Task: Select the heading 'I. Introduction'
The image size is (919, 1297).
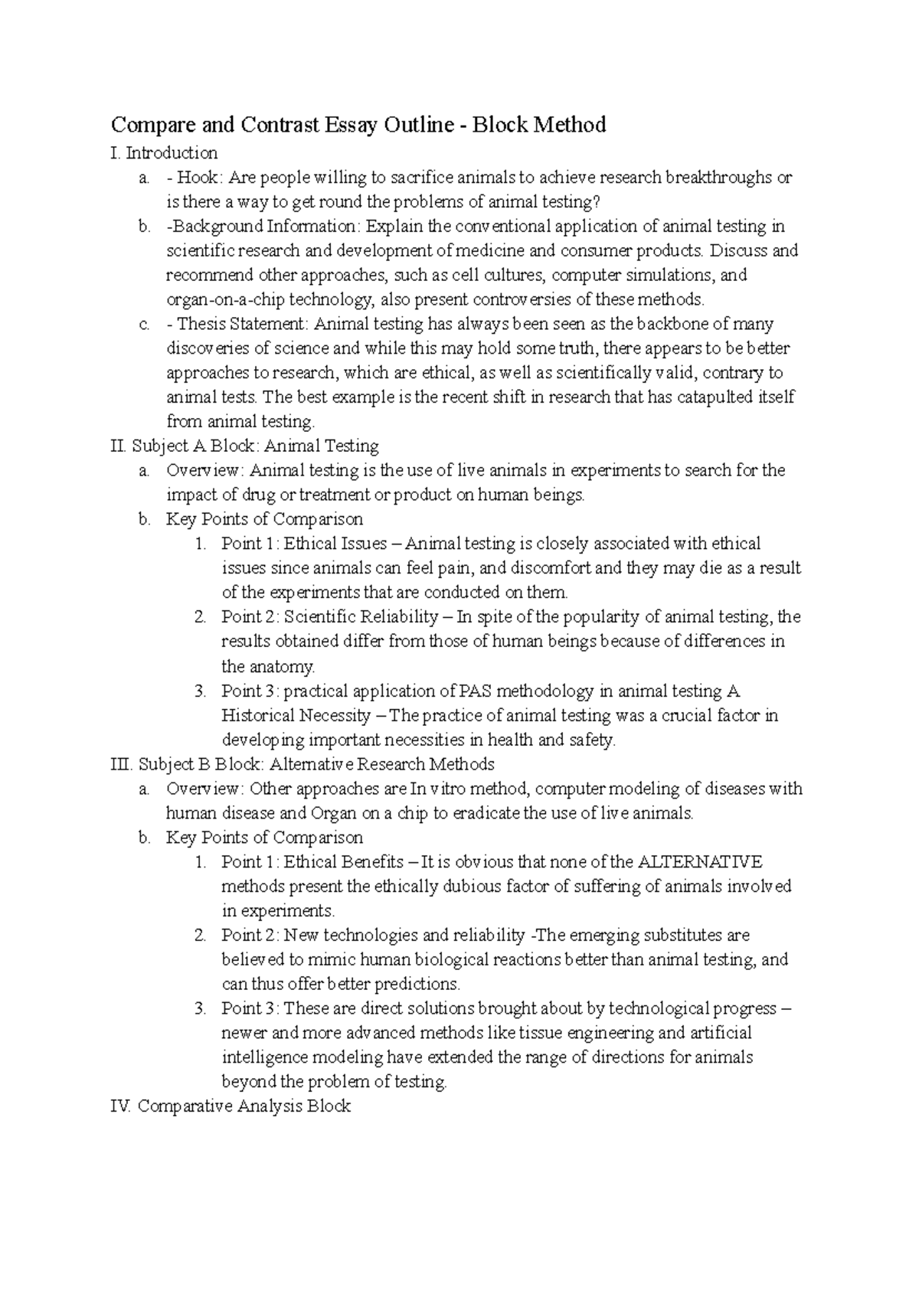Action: [164, 153]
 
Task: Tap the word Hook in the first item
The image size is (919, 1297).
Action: [198, 178]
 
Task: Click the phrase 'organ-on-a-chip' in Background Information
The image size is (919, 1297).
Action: [219, 299]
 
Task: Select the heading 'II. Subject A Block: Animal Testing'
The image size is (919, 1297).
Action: [245, 446]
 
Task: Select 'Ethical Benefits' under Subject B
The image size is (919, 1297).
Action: [344, 862]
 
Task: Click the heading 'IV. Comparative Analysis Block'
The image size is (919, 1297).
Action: [231, 1106]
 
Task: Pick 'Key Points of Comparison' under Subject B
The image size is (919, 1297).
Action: [264, 838]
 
